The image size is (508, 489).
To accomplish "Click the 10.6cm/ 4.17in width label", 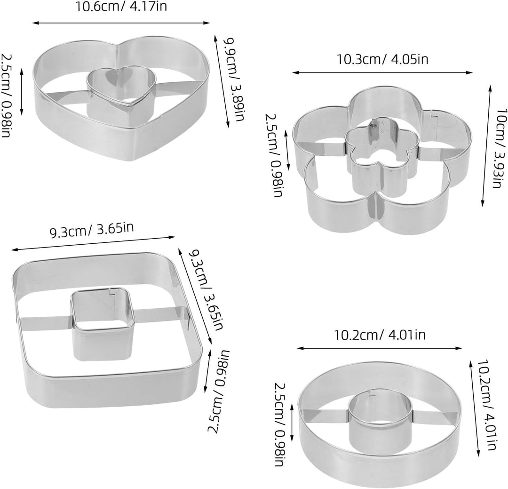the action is click(x=121, y=7).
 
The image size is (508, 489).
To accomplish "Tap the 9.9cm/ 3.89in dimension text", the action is click(x=234, y=79).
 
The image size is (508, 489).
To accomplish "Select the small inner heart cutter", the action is click(x=121, y=92).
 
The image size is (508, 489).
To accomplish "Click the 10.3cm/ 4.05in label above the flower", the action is click(x=382, y=59).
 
